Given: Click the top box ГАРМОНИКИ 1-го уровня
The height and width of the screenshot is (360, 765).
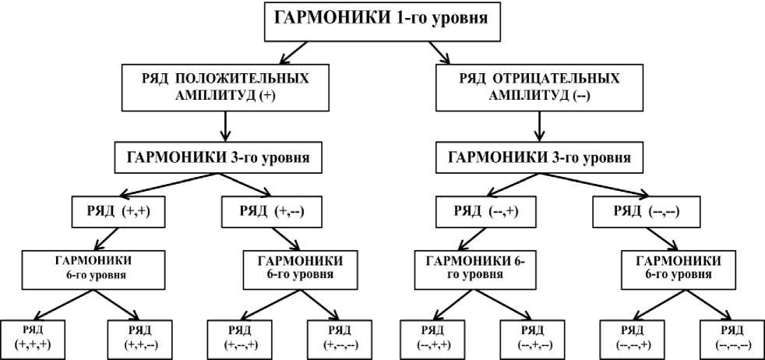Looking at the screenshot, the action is point(382,21).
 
